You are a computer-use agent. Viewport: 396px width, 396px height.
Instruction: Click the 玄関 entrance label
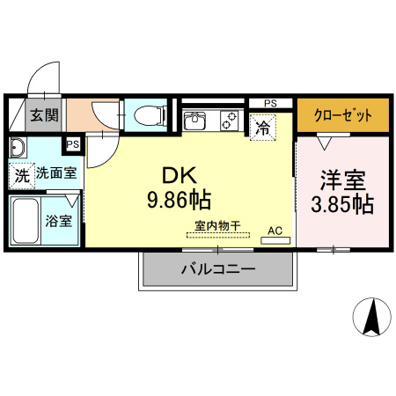tap(44, 114)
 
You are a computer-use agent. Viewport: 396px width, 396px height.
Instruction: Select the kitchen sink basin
tap(194, 117)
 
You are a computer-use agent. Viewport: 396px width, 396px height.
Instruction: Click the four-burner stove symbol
tap(230, 119)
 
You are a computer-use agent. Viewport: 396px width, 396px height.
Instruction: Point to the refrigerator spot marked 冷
tap(262, 128)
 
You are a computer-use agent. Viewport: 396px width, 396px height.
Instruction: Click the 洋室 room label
tap(343, 178)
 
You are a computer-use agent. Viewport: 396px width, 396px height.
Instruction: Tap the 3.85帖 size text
tap(343, 205)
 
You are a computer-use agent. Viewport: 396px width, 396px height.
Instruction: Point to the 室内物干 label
tap(218, 225)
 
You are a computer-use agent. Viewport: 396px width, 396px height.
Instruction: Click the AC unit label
tap(275, 231)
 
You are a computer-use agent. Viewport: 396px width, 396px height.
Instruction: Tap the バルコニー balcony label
tap(218, 269)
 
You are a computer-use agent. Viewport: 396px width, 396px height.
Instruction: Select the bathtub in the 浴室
tap(26, 222)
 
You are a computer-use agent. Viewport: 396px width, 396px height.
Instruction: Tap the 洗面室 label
tap(55, 173)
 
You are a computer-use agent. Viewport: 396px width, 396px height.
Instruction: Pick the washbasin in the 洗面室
tap(18, 147)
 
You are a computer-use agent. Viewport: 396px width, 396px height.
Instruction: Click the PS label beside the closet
tap(270, 103)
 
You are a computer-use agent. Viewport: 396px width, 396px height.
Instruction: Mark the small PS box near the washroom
tap(73, 143)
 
